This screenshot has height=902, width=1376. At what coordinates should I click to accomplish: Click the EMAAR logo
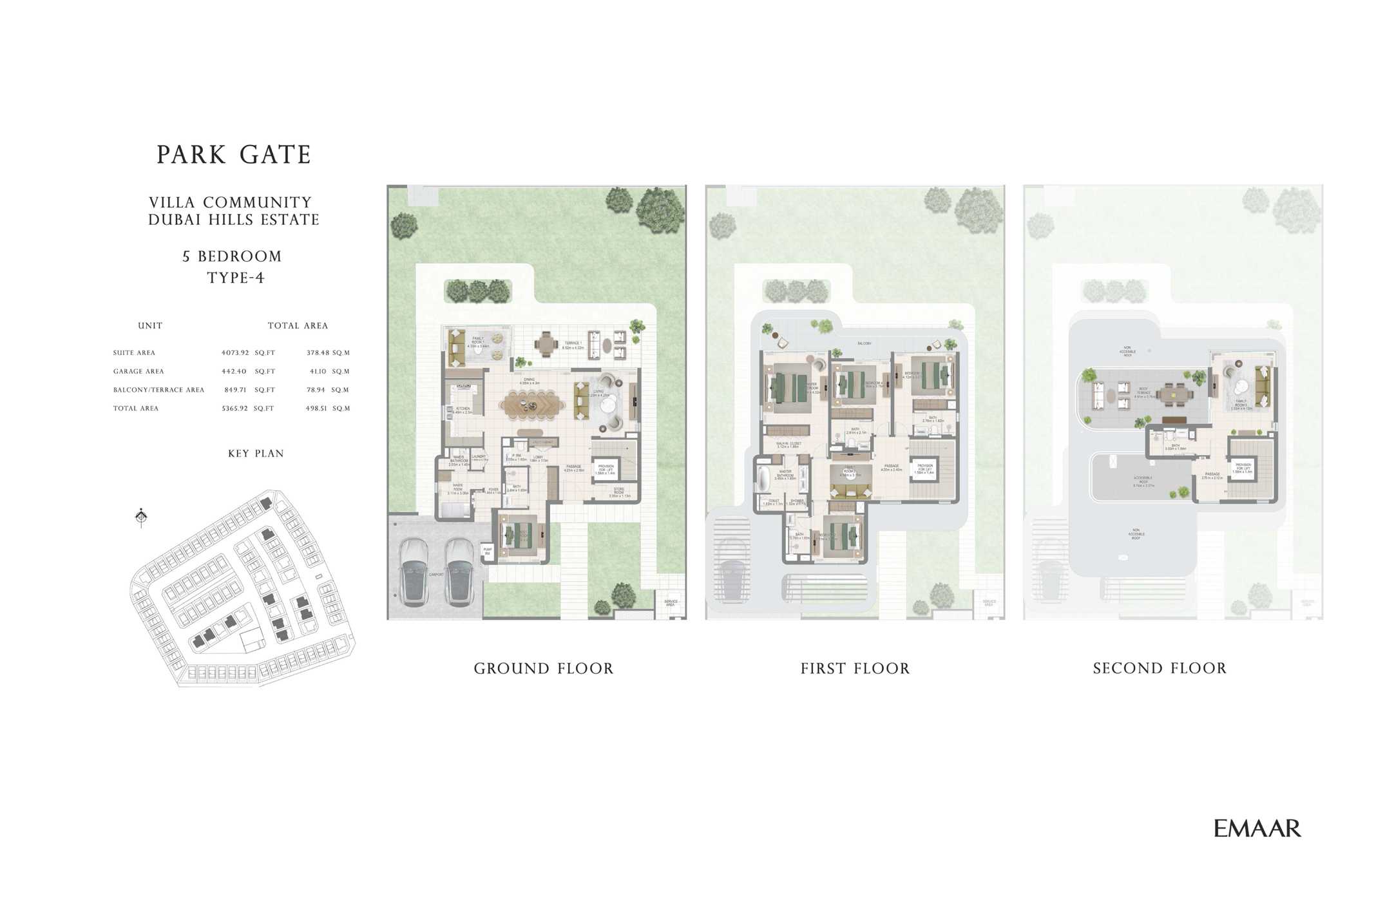pyautogui.click(x=1257, y=829)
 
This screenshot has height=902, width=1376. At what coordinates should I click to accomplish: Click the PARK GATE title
pyautogui.click(x=234, y=155)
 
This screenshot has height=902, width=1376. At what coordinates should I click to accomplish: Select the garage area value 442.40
pyautogui.click(x=234, y=372)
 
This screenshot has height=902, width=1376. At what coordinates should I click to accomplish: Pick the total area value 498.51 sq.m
pyautogui.click(x=316, y=408)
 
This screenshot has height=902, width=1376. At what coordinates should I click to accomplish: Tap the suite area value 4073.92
pyautogui.click(x=234, y=353)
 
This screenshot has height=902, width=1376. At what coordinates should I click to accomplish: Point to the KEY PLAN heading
pyautogui.click(x=256, y=454)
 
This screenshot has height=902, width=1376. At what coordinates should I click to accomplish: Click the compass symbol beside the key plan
pyautogui.click(x=142, y=517)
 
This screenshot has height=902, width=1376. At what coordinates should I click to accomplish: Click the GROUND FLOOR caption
pyautogui.click(x=544, y=669)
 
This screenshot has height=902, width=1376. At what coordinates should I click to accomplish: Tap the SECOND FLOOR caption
pyautogui.click(x=1160, y=669)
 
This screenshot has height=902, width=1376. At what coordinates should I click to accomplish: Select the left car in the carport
pyautogui.click(x=414, y=572)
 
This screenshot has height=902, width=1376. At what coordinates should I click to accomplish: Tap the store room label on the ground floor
pyautogui.click(x=619, y=493)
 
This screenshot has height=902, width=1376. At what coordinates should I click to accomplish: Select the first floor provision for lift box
pyautogui.click(x=925, y=468)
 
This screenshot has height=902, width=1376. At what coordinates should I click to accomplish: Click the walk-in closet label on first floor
pyautogui.click(x=788, y=445)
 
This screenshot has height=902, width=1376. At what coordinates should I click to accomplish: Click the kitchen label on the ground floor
pyautogui.click(x=463, y=410)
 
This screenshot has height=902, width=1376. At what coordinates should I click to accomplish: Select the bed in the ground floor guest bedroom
pyautogui.click(x=520, y=535)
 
